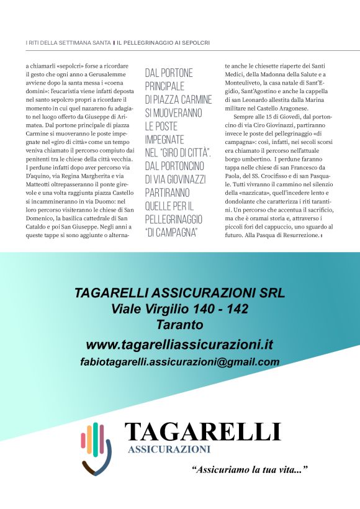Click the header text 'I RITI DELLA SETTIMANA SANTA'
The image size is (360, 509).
click(x=68, y=42)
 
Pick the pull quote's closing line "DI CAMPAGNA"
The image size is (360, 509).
click(x=173, y=232)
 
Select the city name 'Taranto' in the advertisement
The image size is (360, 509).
click(x=180, y=325)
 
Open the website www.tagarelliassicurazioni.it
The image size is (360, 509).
click(x=179, y=345)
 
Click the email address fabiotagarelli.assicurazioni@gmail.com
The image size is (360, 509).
click(x=179, y=362)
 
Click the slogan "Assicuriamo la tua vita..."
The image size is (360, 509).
click(x=250, y=470)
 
